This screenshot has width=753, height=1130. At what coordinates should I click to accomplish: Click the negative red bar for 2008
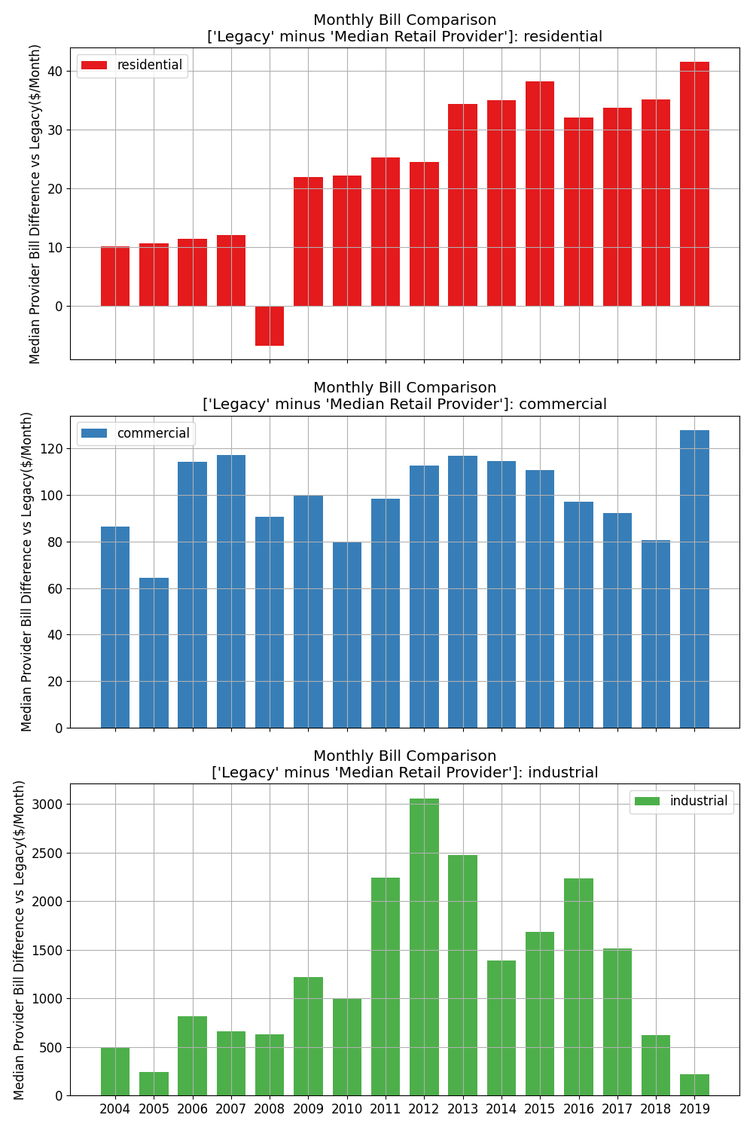pyautogui.click(x=270, y=325)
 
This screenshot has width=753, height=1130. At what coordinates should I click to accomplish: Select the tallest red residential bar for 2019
pyautogui.click(x=694, y=184)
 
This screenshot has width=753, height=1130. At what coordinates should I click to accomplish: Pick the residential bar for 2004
pyautogui.click(x=115, y=276)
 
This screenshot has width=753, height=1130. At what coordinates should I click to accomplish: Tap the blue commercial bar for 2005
pyautogui.click(x=154, y=652)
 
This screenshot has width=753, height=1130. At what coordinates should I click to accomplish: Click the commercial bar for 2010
pyautogui.click(x=347, y=634)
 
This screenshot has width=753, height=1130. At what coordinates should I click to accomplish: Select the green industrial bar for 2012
pyautogui.click(x=424, y=947)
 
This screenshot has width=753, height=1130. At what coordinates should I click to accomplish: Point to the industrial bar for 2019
pyautogui.click(x=694, y=1085)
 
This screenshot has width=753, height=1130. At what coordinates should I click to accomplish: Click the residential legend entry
pyautogui.click(x=133, y=66)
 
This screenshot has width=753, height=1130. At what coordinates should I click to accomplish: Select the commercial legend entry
pyautogui.click(x=136, y=433)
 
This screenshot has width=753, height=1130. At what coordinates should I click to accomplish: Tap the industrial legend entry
pyautogui.click(x=681, y=802)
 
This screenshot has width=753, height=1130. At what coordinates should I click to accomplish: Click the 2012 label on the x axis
pyautogui.click(x=424, y=1109)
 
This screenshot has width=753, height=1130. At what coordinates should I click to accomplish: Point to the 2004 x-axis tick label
pyautogui.click(x=115, y=1109)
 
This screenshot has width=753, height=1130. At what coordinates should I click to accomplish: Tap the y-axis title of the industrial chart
pyautogui.click(x=20, y=939)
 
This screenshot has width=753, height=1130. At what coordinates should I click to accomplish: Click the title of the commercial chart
pyautogui.click(x=404, y=396)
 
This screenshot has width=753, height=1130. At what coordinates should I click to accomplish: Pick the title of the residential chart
pyautogui.click(x=404, y=29)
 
